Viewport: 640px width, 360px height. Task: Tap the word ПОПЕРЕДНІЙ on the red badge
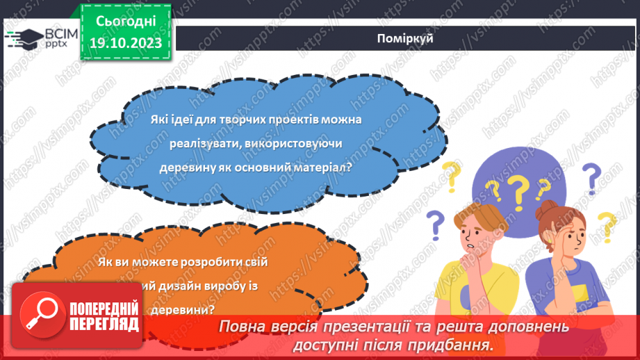point(104,309)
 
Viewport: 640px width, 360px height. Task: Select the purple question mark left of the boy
point(434,224)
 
